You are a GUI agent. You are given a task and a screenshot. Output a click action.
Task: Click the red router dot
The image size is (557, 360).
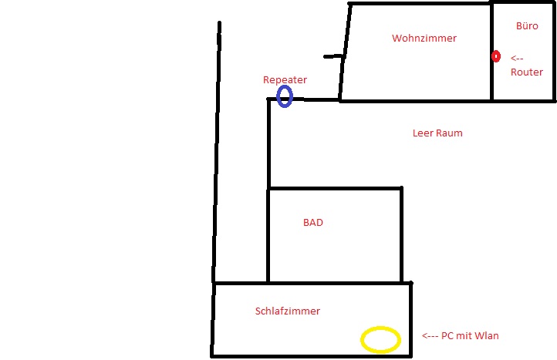tap(496, 57)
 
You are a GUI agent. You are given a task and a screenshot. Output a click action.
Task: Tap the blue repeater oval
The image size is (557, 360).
tap(285, 96)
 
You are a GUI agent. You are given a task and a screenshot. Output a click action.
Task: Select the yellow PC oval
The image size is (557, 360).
tap(381, 339)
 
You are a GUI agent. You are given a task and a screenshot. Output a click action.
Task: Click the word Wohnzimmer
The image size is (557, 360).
tap(424, 38)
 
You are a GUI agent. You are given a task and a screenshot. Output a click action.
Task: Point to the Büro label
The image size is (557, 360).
tap(527, 25)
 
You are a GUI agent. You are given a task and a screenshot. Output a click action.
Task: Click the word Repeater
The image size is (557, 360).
tap(285, 79)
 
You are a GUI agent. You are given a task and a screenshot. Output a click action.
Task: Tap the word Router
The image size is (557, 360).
tap(527, 72)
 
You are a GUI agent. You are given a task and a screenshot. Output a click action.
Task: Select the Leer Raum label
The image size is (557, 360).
tap(437, 133)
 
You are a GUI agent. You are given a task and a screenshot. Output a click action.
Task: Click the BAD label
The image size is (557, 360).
tap(312, 223)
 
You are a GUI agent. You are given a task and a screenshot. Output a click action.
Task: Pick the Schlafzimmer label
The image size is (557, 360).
tap(287, 311)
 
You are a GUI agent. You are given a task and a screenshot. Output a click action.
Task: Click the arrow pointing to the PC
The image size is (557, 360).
tap(430, 336)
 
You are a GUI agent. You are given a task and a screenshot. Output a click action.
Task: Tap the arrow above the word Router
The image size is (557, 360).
tap(517, 58)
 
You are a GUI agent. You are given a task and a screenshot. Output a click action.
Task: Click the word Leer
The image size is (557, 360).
tap(424, 133)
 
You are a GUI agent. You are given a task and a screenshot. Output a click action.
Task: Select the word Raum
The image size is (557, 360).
tap(450, 133)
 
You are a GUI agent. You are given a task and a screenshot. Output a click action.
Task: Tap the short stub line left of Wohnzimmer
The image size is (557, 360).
tap(333, 56)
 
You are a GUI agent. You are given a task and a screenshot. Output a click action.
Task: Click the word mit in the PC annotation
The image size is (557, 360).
tap(471, 336)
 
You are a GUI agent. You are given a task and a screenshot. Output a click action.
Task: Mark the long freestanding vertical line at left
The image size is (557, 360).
tap(216, 154)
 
